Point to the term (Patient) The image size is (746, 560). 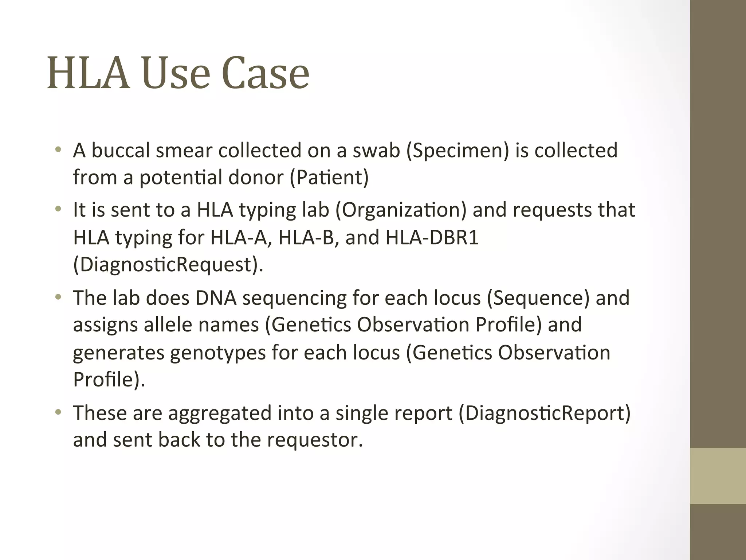[329, 178]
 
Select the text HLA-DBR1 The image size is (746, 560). [432, 237]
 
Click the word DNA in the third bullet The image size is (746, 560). [216, 298]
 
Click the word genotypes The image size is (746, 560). [218, 353]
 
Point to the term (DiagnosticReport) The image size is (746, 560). [545, 413]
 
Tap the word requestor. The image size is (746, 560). [315, 440]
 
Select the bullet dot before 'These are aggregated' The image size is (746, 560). [58, 412]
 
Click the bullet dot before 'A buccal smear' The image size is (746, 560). [58, 150]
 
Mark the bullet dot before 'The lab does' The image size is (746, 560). [58, 297]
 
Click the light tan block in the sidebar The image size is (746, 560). [718, 476]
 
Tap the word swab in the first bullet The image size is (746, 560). [376, 150]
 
